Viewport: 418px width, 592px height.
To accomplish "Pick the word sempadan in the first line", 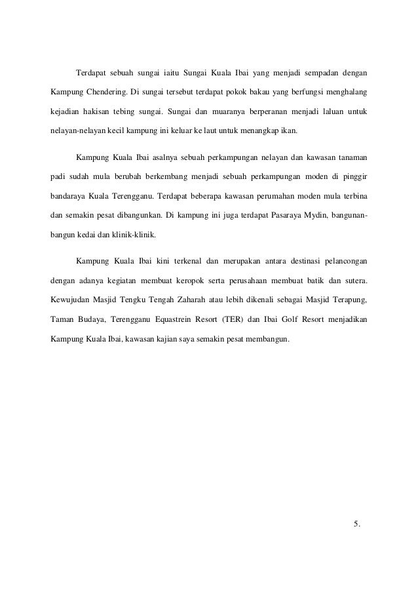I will (320, 69).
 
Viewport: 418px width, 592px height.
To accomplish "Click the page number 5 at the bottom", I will (356, 523).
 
